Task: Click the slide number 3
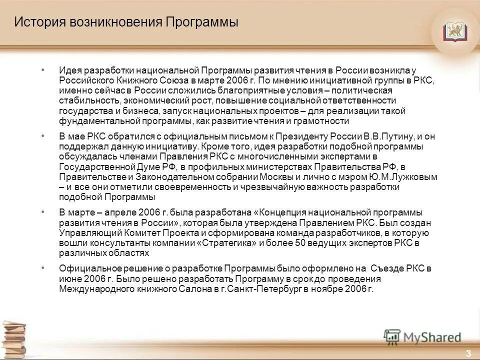pyautogui.click(x=468, y=353)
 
